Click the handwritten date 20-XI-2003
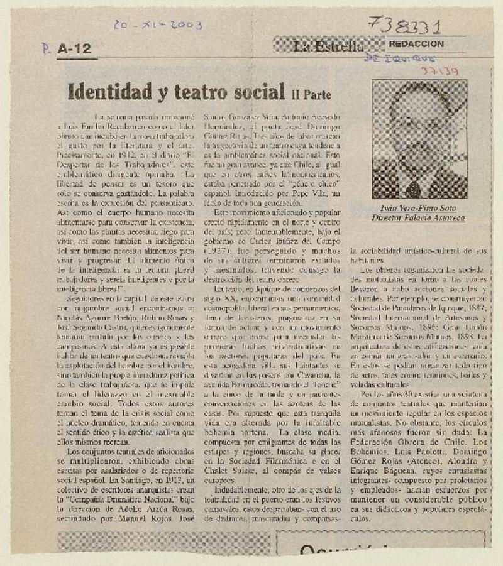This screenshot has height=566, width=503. tap(158, 24)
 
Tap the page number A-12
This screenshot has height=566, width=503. tap(74, 48)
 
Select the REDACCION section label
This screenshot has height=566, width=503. tap(416, 44)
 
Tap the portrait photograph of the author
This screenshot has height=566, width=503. tap(419, 139)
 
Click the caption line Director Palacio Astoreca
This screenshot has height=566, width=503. tap(418, 219)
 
